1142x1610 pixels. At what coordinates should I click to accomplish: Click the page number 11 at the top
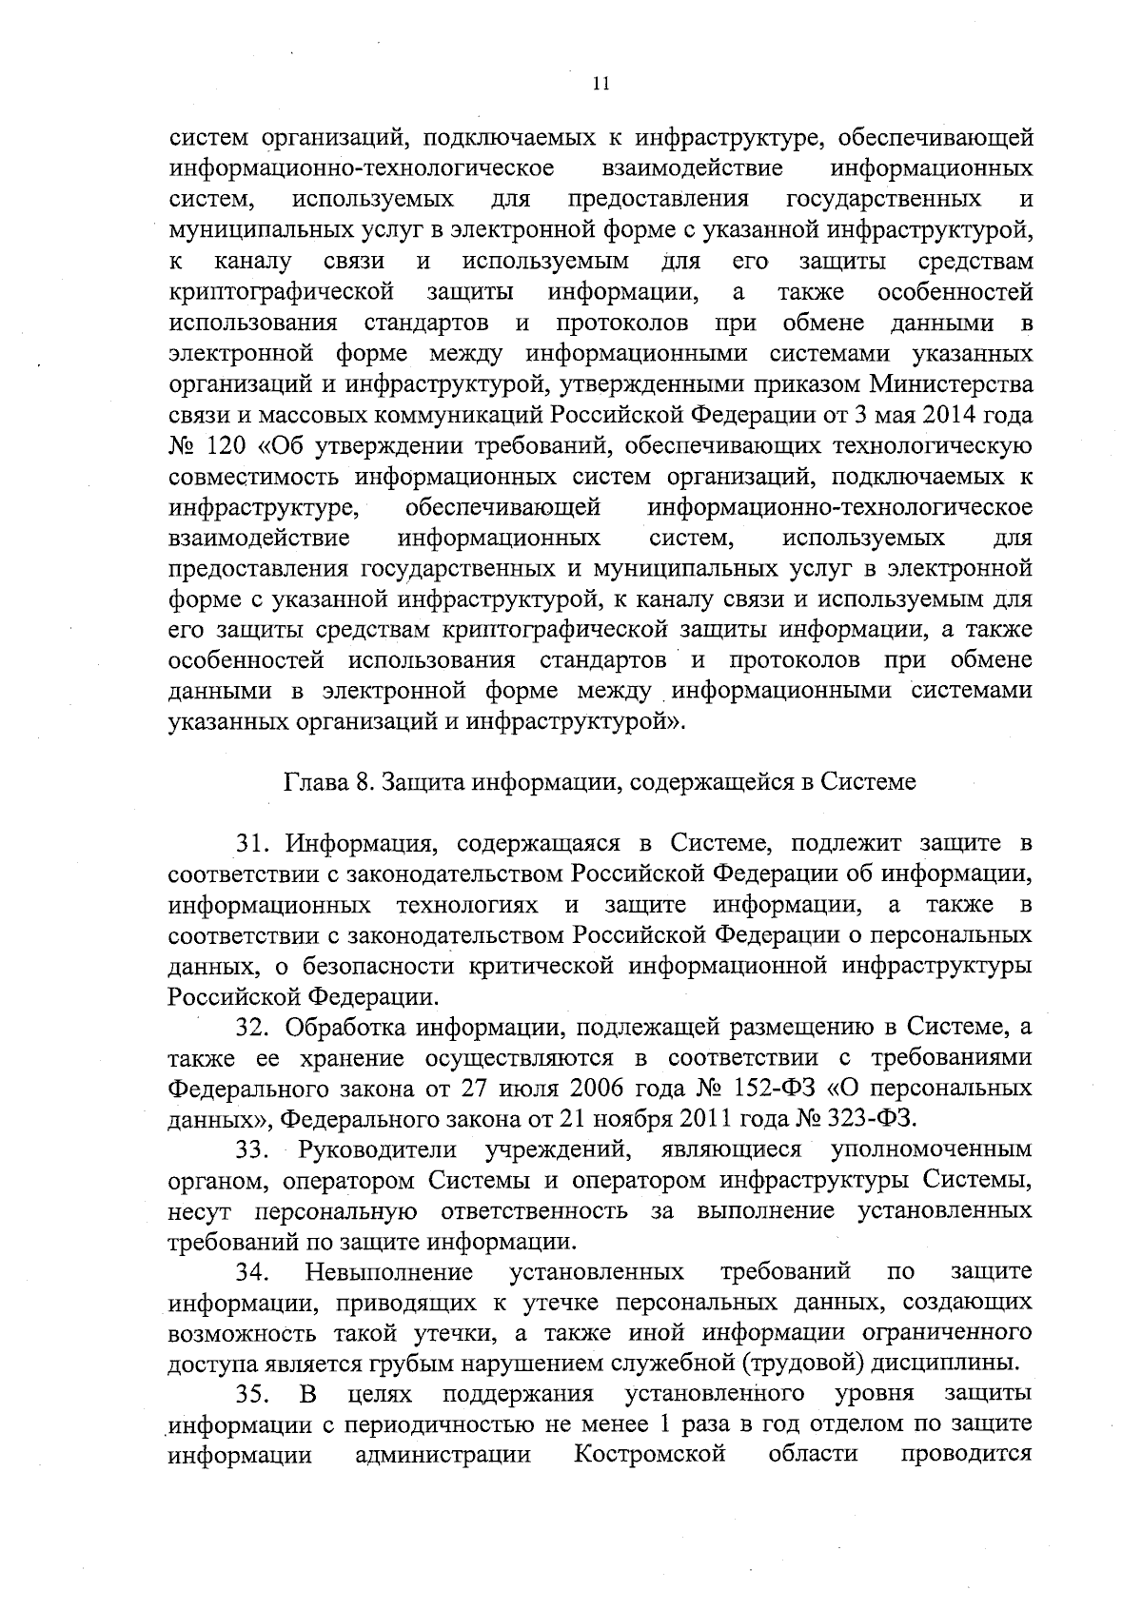(x=600, y=84)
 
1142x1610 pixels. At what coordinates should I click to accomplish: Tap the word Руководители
(x=379, y=1150)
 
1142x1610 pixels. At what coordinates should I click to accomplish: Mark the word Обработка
(x=352, y=1029)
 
